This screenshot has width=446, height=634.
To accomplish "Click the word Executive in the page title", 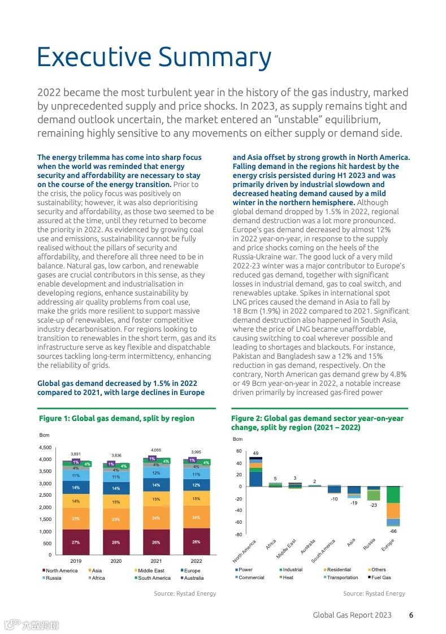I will point(94,58).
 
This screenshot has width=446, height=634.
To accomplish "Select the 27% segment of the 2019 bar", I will point(76,542).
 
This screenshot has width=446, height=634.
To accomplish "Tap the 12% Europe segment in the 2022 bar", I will point(196,485).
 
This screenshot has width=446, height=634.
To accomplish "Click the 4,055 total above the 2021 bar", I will point(156,450).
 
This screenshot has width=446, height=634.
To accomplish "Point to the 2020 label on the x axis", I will point(116,561).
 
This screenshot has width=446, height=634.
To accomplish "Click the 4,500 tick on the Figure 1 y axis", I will point(45,448).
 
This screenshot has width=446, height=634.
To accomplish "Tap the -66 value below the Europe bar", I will point(393,531).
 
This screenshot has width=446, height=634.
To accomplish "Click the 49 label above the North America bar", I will point(256,453).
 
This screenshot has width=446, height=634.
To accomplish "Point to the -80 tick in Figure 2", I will point(238,535).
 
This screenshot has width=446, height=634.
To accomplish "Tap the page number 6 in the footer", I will point(411,615).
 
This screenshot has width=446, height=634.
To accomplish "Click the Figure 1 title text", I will point(116,418).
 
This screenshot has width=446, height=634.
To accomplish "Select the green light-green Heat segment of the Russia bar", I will point(373,495).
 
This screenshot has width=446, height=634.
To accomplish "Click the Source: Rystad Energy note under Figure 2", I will point(374,593).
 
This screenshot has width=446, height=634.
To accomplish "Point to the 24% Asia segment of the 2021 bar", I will point(156,518).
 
